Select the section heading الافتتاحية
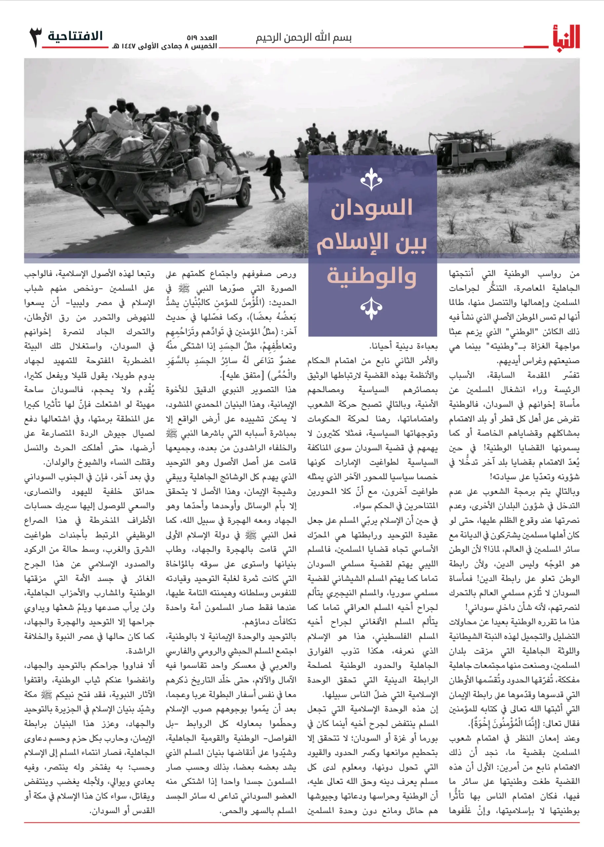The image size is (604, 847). click(75, 36)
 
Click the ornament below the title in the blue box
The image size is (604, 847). click(371, 308)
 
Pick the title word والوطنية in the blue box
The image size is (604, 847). click(371, 276)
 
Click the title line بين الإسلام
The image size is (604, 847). click(371, 243)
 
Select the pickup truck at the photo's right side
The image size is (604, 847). click(471, 154)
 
